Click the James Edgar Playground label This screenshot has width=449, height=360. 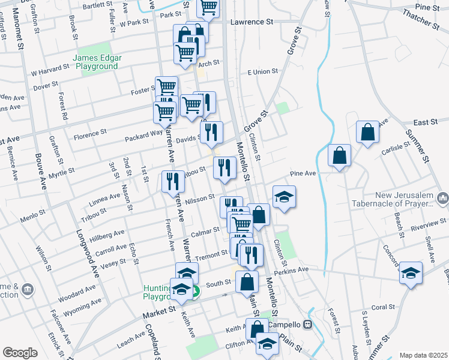97,62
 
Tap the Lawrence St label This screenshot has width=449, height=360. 252,22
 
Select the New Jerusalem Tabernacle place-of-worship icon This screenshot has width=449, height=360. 443,197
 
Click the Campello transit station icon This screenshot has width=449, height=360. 308,325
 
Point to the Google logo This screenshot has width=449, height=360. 20,353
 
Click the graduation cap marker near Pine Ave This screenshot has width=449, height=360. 284,197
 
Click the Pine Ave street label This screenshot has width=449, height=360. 303,173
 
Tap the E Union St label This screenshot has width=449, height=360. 262,71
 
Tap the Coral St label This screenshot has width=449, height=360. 382,307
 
